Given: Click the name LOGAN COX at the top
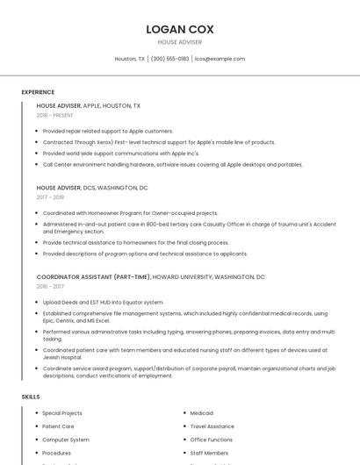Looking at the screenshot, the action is [179, 29].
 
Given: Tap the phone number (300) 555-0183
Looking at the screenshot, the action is [169, 59].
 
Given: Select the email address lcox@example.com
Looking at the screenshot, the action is [220, 59].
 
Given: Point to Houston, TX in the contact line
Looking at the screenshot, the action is [130, 59].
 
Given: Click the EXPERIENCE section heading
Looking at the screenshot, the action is [38, 92].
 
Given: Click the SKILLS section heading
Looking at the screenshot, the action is [31, 397].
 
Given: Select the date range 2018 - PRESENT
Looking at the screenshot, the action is [54, 115].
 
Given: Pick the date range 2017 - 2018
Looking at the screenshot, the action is [50, 197].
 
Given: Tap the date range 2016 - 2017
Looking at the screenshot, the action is [50, 286].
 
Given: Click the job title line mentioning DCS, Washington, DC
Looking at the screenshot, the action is [92, 188].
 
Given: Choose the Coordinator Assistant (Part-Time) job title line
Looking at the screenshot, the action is [151, 276].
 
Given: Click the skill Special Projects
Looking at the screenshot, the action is [62, 413].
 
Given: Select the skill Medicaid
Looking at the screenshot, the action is [202, 413].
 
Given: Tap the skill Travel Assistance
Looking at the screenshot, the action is [212, 426].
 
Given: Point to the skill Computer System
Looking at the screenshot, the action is [66, 440].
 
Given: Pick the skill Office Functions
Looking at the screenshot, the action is [211, 440].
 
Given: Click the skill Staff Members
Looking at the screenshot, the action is [209, 453].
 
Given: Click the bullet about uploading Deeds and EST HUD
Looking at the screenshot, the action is [103, 302].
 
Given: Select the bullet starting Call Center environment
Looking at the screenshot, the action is [172, 164].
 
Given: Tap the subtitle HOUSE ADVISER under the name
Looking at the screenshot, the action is [179, 42].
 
